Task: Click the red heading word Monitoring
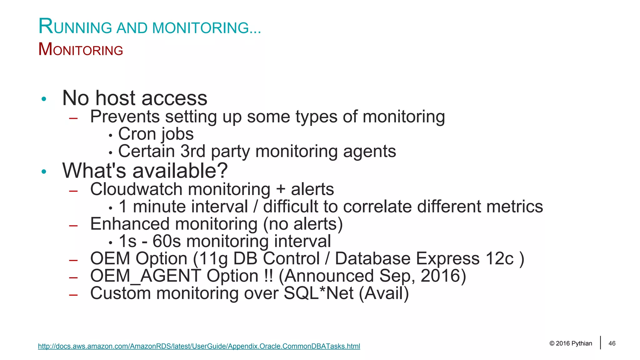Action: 81,50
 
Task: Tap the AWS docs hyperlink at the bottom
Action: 199,346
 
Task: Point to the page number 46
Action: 612,343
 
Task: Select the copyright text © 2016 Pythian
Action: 571,343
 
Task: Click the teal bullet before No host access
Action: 44,99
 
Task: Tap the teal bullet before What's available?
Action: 44,172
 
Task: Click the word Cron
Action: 137,134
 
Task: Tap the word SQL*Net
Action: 319,293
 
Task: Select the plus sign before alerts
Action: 281,190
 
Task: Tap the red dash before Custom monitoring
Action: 73,294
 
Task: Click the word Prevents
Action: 125,117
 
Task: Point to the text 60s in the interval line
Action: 167,242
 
